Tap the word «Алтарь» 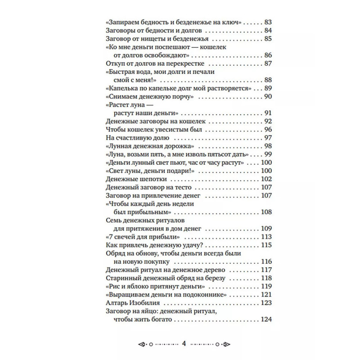coord(117,303)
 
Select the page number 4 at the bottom coord(184,344)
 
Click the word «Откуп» coord(115,63)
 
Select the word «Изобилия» coord(145,303)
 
